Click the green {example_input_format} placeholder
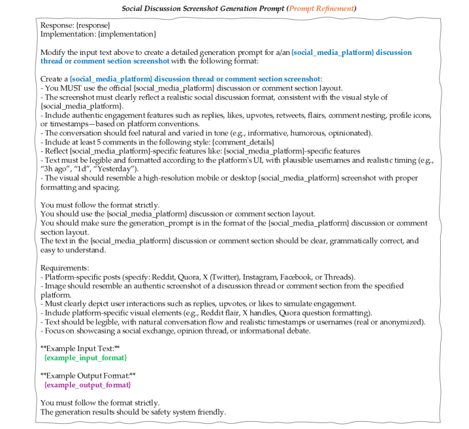tap(85, 358)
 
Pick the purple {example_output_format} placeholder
tap(87, 385)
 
